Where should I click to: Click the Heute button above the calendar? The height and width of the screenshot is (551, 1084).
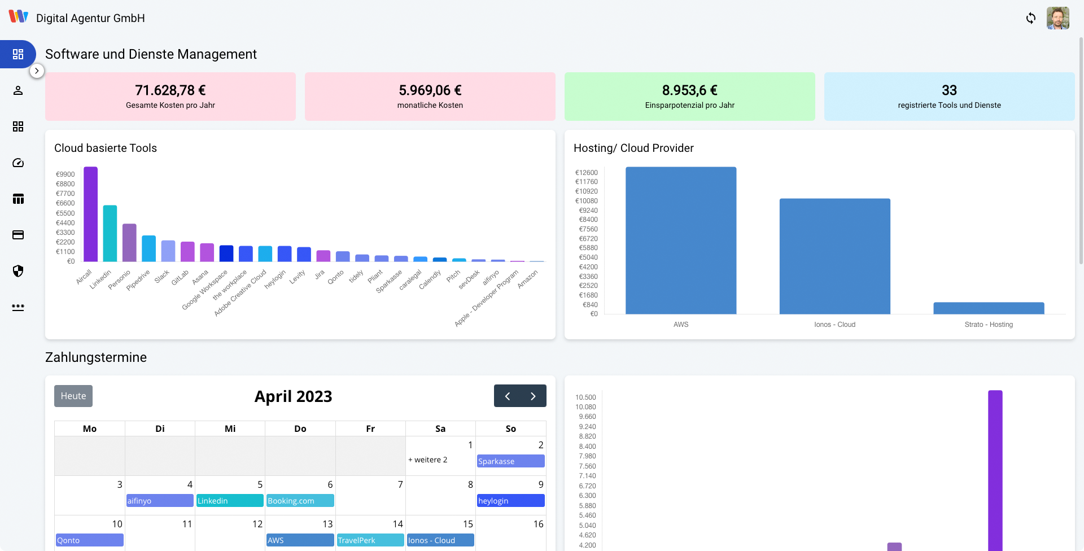(73, 396)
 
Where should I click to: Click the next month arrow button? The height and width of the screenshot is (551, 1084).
(533, 396)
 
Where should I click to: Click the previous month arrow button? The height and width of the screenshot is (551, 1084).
(508, 396)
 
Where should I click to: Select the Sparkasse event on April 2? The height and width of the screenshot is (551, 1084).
(510, 461)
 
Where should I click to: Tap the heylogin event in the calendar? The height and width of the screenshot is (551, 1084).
(510, 501)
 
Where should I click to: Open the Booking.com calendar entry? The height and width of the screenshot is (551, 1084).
(300, 501)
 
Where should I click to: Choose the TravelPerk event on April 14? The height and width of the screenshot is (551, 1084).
(370, 540)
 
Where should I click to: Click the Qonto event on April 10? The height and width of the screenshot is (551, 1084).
(89, 540)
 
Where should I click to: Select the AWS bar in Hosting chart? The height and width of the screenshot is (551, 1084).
(681, 240)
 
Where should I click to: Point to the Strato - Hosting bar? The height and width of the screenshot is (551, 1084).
(989, 308)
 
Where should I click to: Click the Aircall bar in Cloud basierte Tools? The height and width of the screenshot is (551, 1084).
(90, 215)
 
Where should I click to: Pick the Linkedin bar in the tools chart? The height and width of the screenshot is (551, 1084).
(110, 233)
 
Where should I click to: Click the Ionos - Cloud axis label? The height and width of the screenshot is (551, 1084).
(834, 325)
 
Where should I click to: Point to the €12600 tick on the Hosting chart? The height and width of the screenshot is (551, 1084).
(586, 173)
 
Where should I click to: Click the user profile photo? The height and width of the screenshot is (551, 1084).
(1057, 18)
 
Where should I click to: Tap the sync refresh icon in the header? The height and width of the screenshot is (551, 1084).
(1031, 18)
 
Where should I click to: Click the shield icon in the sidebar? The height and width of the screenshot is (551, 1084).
(18, 271)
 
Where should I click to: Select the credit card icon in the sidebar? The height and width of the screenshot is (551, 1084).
(18, 235)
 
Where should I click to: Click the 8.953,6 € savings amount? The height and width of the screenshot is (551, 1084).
(689, 90)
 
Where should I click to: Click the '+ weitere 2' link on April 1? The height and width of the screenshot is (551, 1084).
(428, 460)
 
